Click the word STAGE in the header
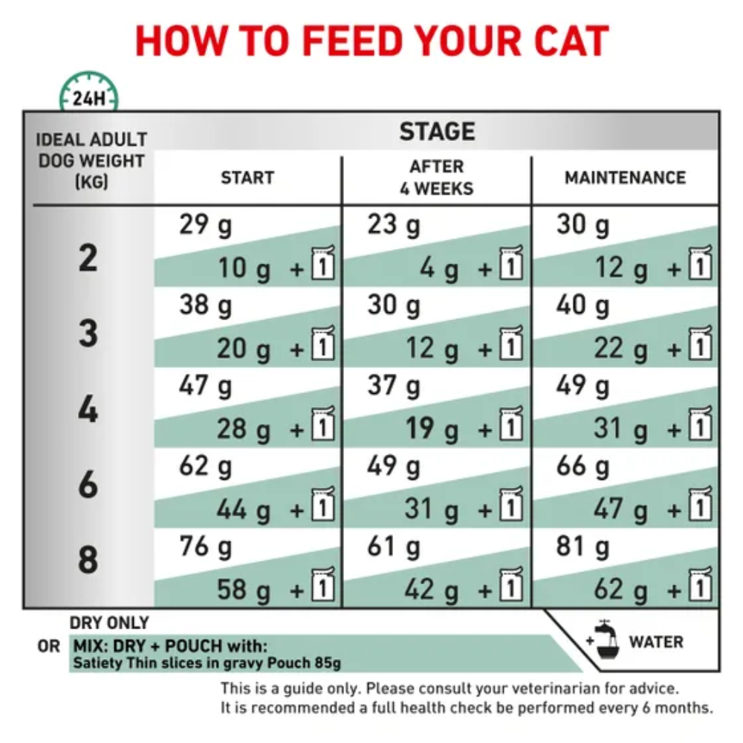point(437,132)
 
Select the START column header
point(247,178)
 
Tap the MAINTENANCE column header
point(625,178)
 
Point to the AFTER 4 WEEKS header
point(436,177)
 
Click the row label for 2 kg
point(88,258)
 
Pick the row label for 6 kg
point(88,484)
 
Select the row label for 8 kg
point(88,559)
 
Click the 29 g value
point(206,224)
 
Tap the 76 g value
point(206,546)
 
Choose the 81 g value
point(583,546)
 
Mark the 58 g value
point(244,589)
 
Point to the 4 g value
point(439,267)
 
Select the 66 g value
point(583,467)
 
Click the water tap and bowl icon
point(603,640)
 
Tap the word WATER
point(657,641)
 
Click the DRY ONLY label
point(109,623)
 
